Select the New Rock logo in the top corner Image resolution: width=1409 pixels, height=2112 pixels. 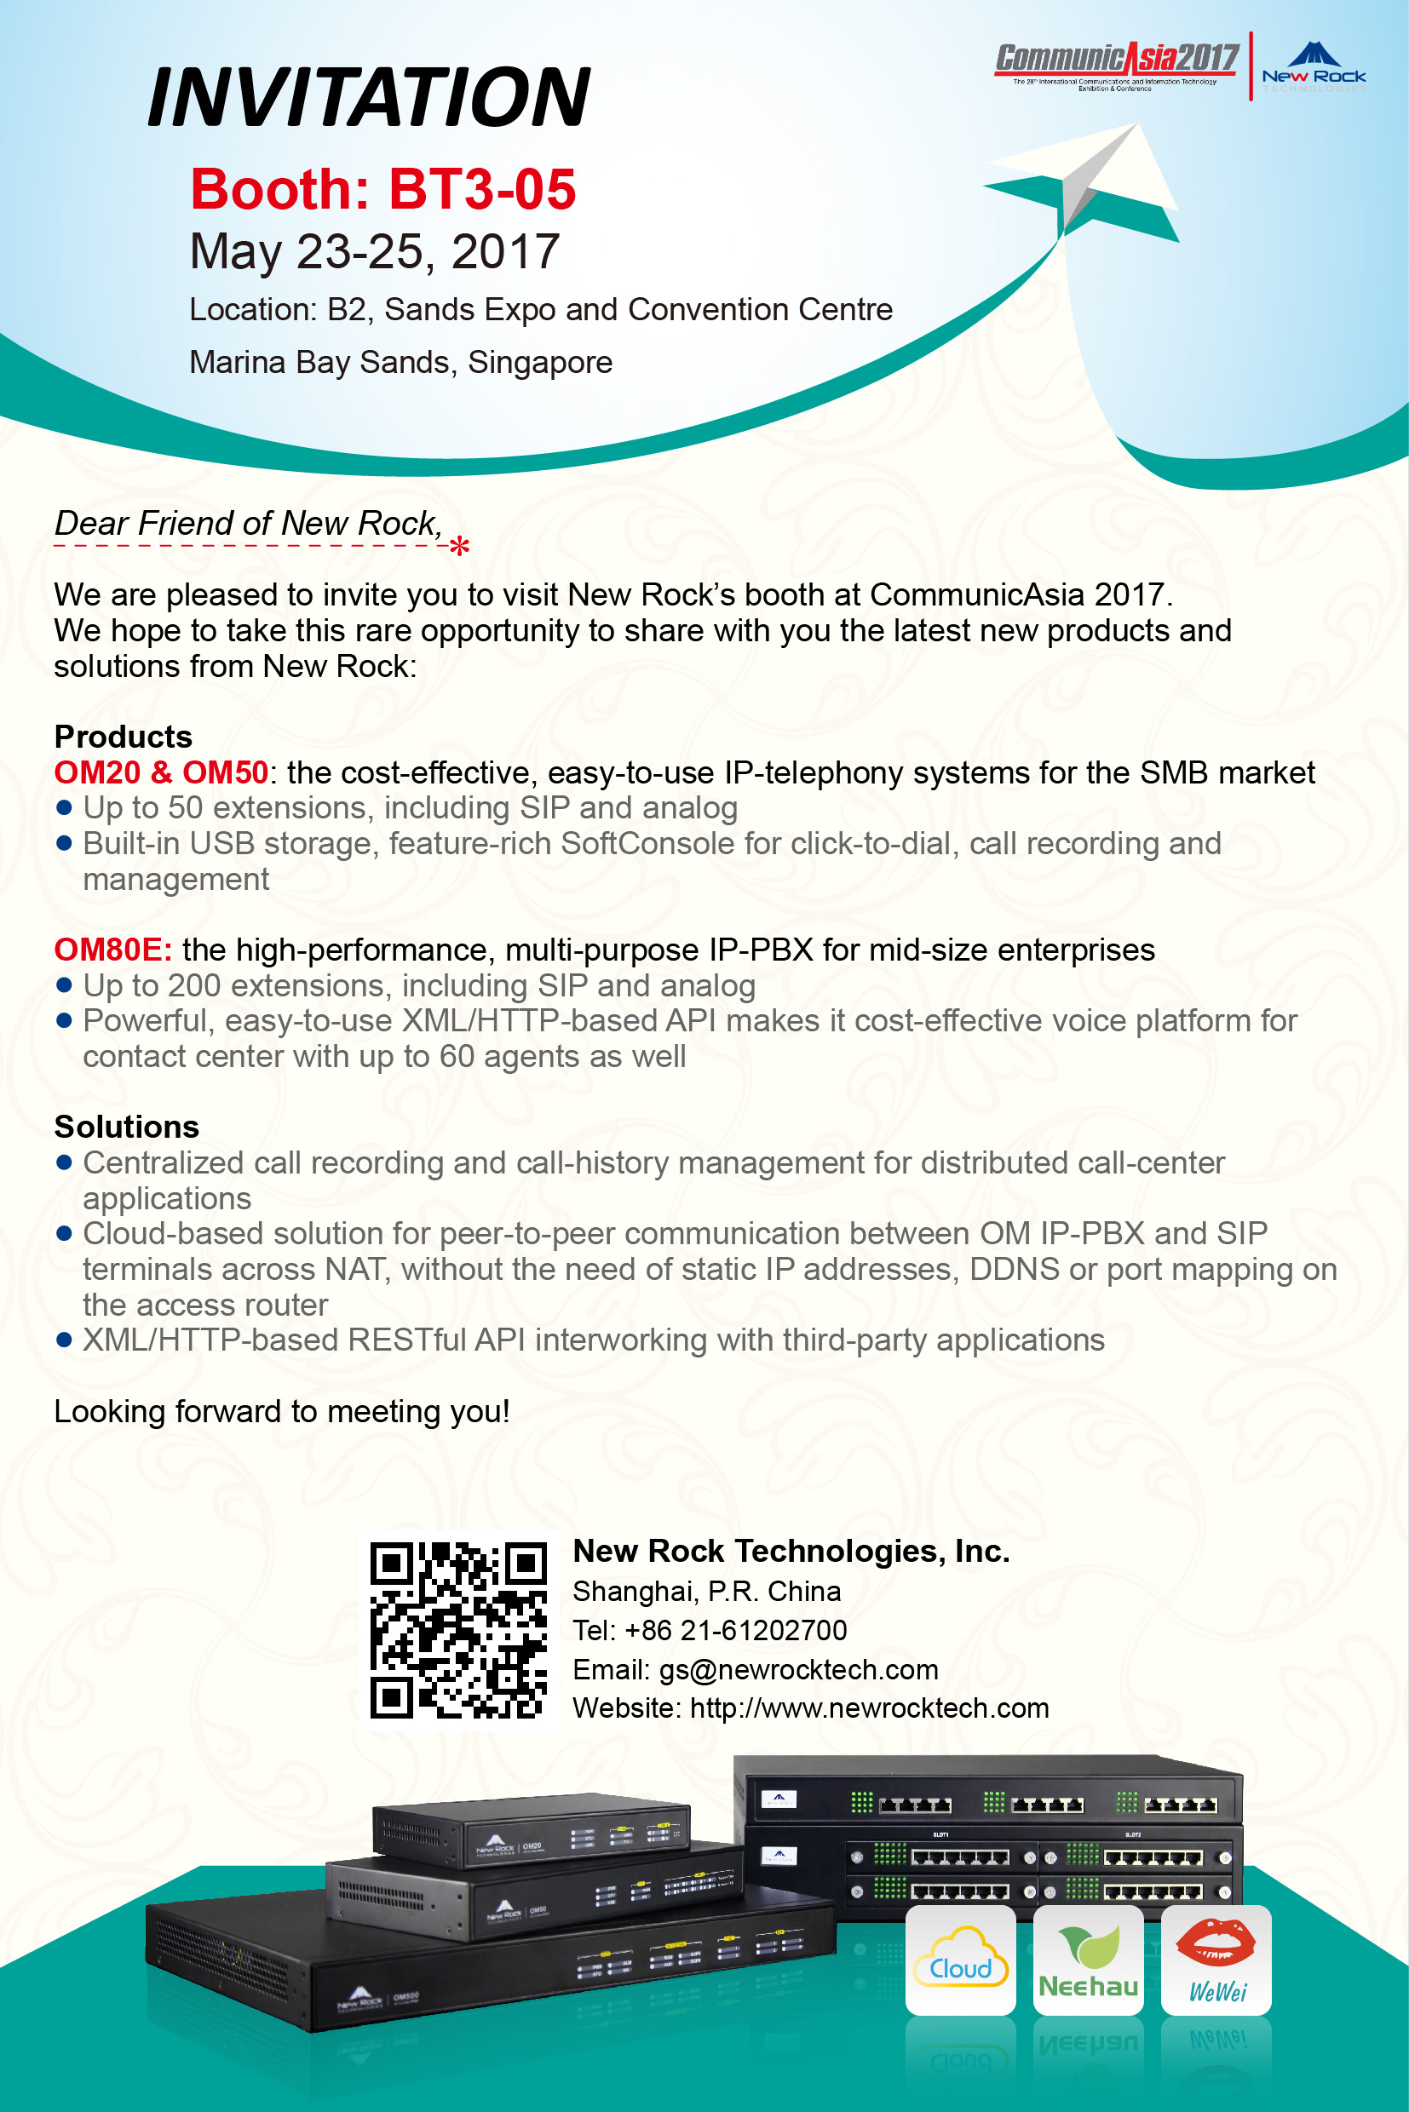[x=1314, y=67]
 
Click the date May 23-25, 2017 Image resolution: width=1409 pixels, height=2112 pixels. [x=375, y=250]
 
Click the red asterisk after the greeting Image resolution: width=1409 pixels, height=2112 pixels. [x=459, y=545]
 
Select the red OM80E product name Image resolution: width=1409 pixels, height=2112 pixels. [x=112, y=950]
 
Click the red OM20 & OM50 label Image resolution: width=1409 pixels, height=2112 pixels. [x=161, y=772]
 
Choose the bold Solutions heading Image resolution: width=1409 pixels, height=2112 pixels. [x=127, y=1127]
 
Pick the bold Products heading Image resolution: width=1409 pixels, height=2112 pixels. [x=124, y=737]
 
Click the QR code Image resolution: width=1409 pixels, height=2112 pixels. [x=458, y=1631]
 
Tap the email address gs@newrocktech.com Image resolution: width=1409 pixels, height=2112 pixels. [x=799, y=1669]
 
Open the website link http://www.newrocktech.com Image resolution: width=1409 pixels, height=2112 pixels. [x=869, y=1707]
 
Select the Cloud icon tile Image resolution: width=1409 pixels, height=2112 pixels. [x=961, y=1960]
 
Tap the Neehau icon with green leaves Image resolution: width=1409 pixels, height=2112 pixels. [x=1088, y=1960]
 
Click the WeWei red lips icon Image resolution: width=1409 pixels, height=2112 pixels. [x=1216, y=1960]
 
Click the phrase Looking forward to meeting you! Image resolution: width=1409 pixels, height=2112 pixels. [x=281, y=1411]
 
